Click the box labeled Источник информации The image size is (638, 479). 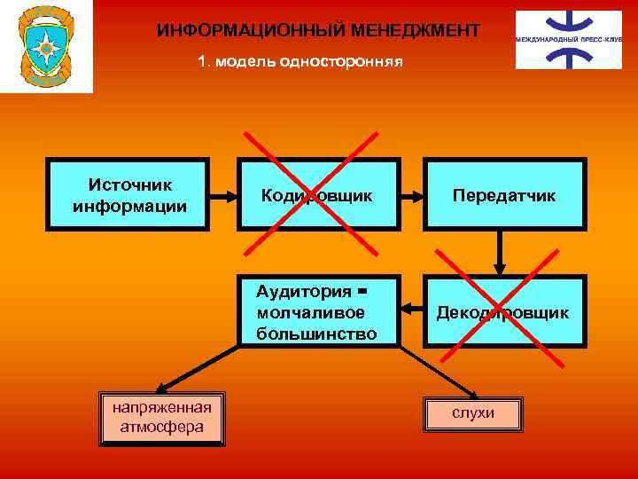pos(129,195)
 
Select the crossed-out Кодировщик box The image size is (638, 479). pos(317,195)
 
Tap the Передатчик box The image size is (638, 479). pos(503,195)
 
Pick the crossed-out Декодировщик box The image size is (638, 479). pos(503,312)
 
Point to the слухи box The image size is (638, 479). pos(473,413)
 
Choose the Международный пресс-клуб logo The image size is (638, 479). pos(569,40)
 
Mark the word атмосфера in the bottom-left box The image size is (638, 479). pos(162,428)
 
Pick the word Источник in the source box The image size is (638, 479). pos(129,185)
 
